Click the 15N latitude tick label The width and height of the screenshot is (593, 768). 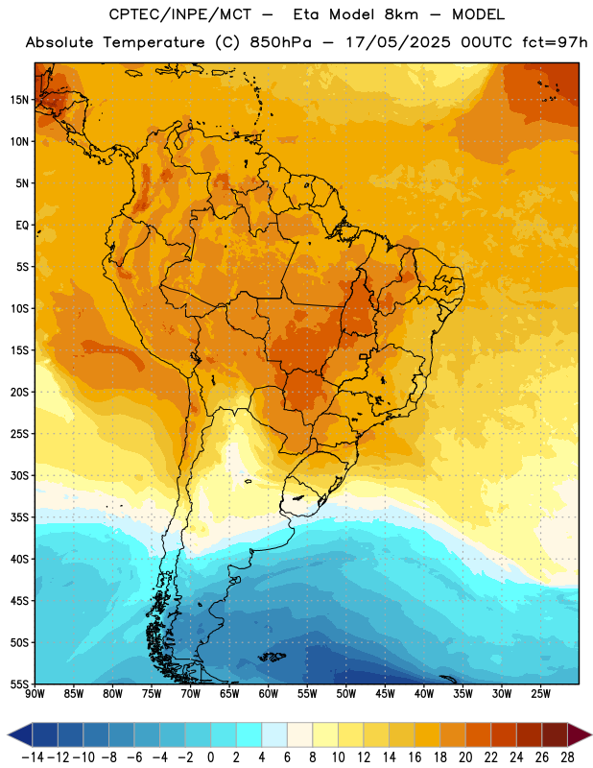(19, 100)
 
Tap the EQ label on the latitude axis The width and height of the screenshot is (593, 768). (22, 226)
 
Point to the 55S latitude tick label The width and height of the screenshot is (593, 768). (19, 684)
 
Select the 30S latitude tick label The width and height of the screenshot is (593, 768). (19, 475)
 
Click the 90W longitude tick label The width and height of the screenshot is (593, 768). (35, 694)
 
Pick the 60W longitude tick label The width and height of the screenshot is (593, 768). (269, 694)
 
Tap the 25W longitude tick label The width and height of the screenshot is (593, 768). (540, 694)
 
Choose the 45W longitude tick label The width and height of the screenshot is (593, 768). (385, 694)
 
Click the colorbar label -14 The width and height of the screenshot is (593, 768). (33, 757)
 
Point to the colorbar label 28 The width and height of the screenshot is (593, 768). (567, 757)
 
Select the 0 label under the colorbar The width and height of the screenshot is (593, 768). (211, 757)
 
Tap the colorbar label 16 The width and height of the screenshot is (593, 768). (415, 757)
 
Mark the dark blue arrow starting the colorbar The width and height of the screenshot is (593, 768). (20, 735)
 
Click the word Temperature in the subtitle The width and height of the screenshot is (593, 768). (154, 42)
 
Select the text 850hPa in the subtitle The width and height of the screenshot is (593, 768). (280, 42)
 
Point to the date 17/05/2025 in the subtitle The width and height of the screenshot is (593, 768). (398, 42)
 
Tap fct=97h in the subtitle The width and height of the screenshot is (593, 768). (555, 42)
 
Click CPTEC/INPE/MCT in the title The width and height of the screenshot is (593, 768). (180, 14)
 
